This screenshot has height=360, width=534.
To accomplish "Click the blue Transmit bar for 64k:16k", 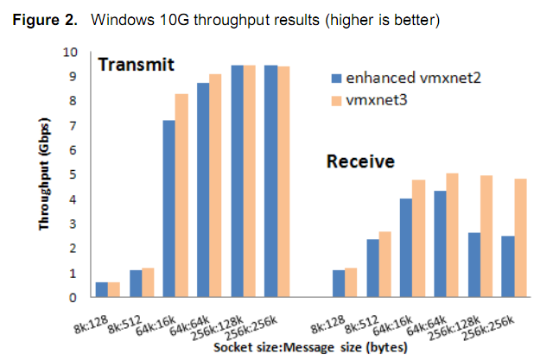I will (x=170, y=209).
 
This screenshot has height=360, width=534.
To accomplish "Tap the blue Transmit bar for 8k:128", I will (x=103, y=289).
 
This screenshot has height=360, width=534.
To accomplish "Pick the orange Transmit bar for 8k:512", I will (x=148, y=282).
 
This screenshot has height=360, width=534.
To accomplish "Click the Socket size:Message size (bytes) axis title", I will (x=294, y=348).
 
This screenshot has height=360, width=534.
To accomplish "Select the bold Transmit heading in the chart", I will (x=137, y=65).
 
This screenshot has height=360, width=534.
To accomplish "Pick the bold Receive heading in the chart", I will (x=360, y=161).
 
